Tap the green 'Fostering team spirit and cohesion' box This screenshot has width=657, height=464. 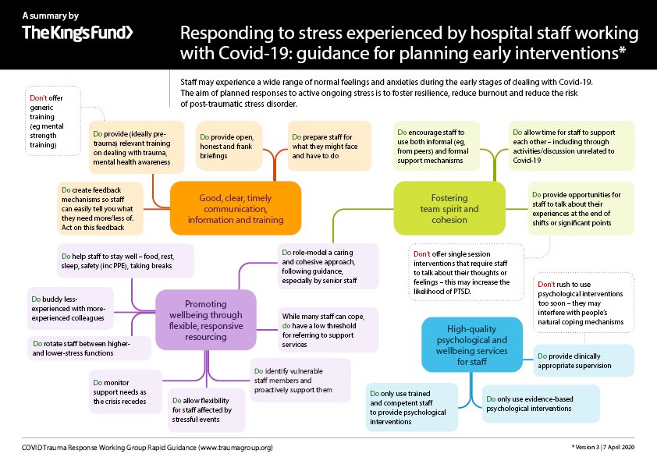coord(445,208)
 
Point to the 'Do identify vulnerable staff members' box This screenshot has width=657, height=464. coord(300,380)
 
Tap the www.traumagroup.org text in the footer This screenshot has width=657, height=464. coord(236,448)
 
